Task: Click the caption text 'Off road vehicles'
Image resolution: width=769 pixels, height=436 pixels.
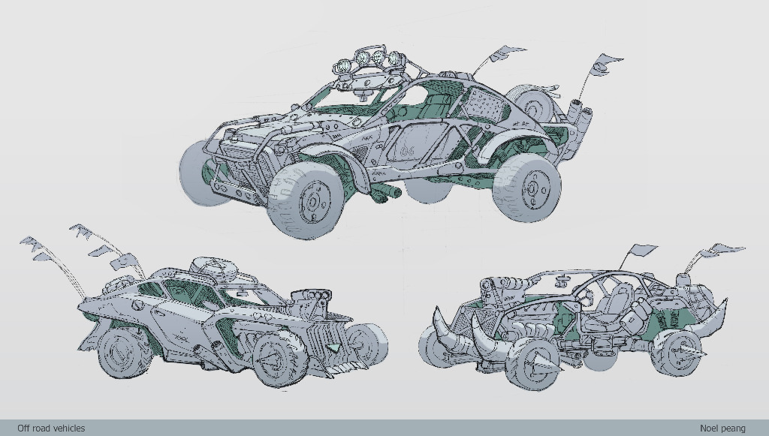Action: pyautogui.click(x=51, y=428)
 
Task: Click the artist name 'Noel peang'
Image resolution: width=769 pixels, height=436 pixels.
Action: pyautogui.click(x=722, y=428)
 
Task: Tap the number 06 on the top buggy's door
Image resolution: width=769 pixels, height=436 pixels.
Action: pyautogui.click(x=408, y=151)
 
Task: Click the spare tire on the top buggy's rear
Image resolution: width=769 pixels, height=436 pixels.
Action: pyautogui.click(x=535, y=103)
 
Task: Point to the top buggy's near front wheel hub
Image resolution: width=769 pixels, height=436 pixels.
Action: pyautogui.click(x=315, y=201)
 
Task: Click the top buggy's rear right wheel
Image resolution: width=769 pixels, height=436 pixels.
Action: pyautogui.click(x=526, y=188)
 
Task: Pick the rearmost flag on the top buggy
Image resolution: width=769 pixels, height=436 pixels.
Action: pyautogui.click(x=605, y=65)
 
